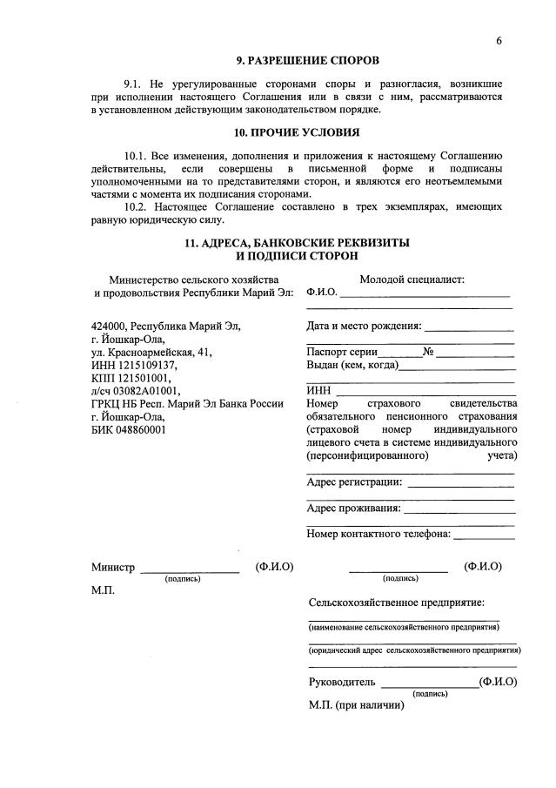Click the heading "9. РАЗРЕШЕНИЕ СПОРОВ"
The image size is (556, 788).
pos(309,61)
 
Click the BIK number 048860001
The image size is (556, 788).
pos(137,428)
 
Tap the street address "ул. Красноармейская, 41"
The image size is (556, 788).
pos(151,353)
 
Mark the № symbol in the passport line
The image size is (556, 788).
pos(428,352)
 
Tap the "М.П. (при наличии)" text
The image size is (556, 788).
pos(356,704)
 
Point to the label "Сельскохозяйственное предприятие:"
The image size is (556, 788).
pos(397,603)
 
